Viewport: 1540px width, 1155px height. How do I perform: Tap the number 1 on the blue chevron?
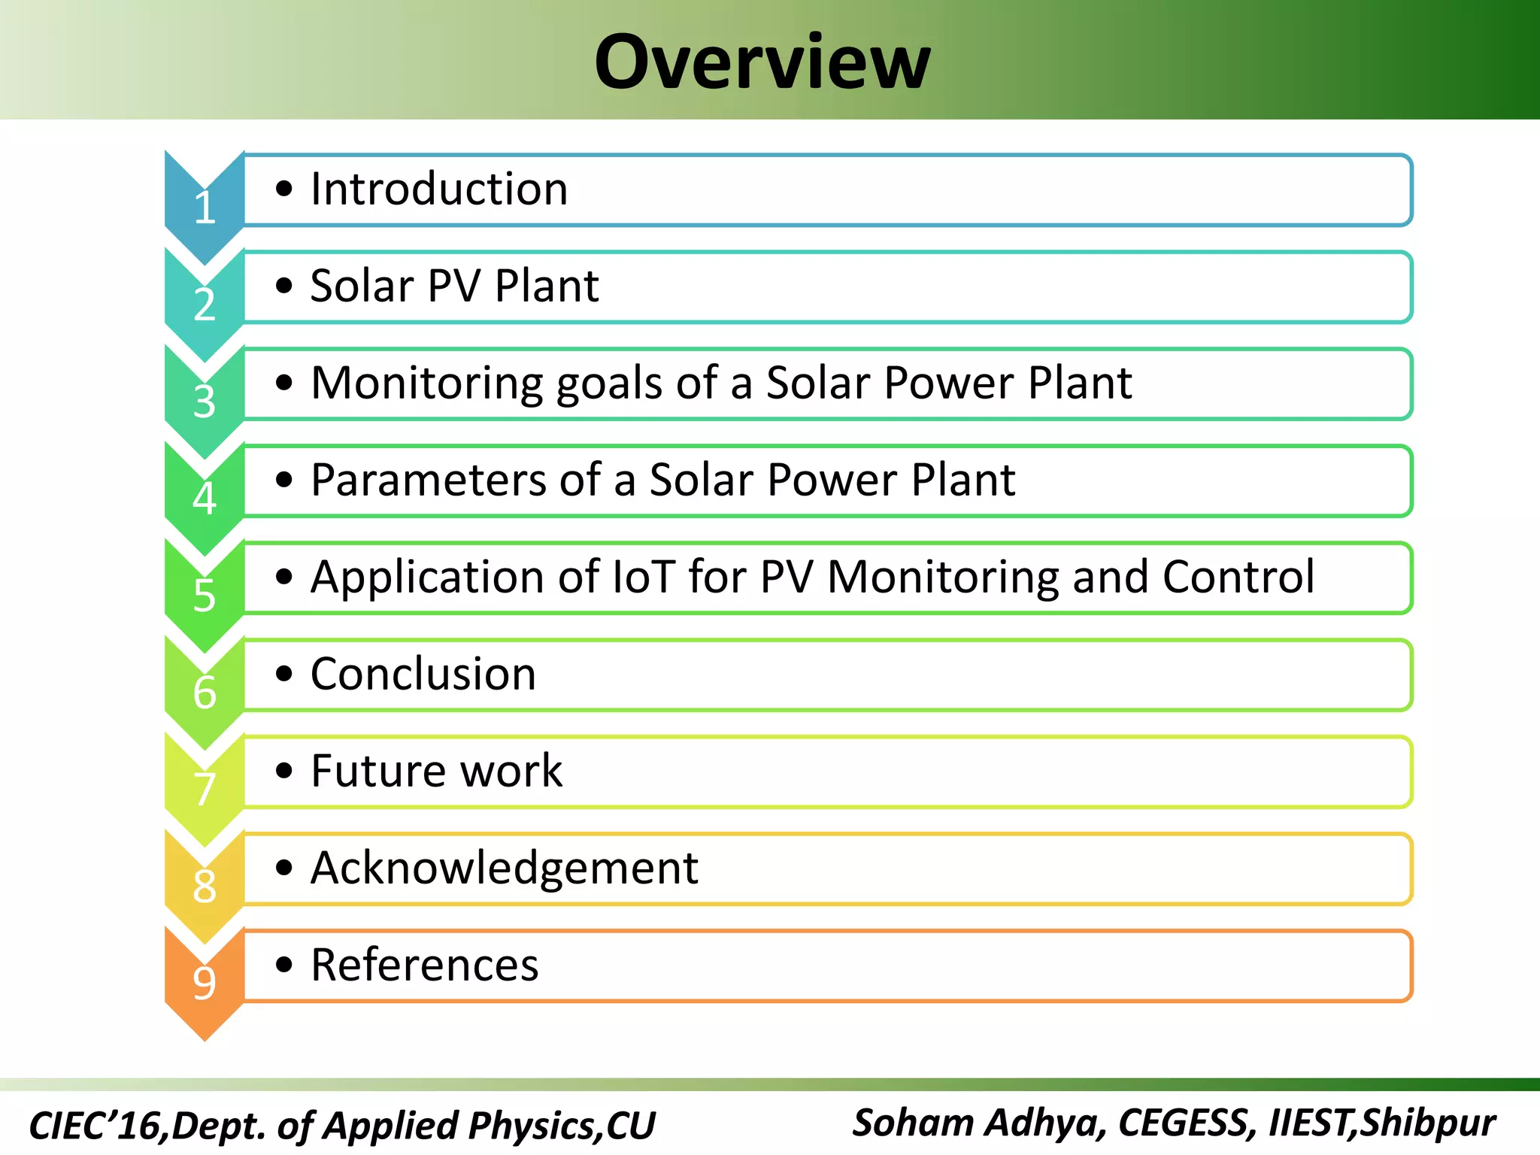[x=205, y=208]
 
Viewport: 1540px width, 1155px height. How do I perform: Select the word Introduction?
[x=439, y=189]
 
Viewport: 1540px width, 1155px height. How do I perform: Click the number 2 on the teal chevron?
[x=205, y=305]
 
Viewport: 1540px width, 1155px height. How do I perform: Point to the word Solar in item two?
[x=362, y=286]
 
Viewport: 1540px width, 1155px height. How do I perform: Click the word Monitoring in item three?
[x=426, y=383]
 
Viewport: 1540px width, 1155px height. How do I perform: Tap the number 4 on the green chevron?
[x=205, y=499]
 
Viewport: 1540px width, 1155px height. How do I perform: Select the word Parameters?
[x=429, y=480]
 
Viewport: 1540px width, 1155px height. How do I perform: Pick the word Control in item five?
[x=1238, y=577]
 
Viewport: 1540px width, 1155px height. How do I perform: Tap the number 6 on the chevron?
[x=205, y=693]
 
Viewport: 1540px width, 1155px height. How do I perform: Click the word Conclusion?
[x=423, y=674]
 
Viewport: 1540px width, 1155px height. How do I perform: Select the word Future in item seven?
[x=379, y=771]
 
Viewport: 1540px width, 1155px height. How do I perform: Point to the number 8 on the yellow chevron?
[x=205, y=887]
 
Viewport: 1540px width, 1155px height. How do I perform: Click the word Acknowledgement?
[x=504, y=869]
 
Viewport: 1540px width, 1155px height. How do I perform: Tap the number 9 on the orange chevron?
[x=205, y=983]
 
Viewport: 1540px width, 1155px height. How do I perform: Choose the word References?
[x=425, y=965]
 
